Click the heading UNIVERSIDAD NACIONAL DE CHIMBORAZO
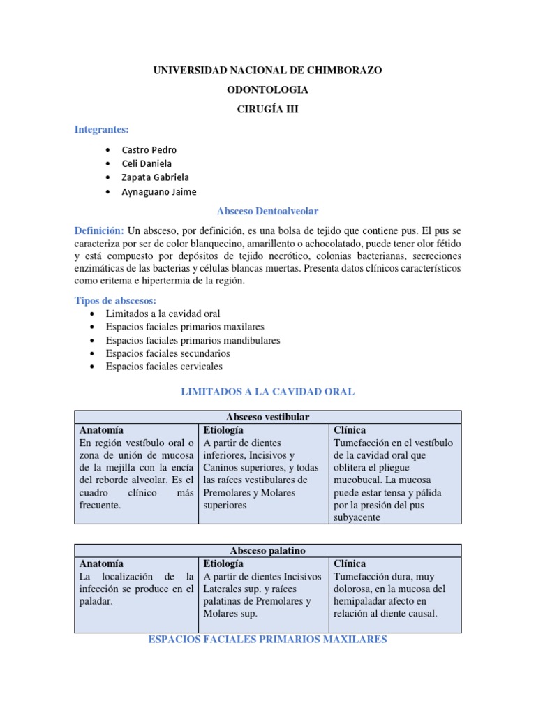click(x=267, y=71)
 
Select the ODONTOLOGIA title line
click(x=267, y=90)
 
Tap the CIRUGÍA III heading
click(x=267, y=110)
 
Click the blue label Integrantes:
click(x=102, y=130)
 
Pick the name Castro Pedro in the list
click(x=149, y=149)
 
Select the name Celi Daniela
click(x=147, y=163)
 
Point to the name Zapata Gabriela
click(x=155, y=177)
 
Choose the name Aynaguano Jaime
click(x=158, y=191)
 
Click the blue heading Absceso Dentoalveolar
click(x=267, y=211)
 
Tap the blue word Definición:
click(x=99, y=230)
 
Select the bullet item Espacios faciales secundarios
click(x=167, y=353)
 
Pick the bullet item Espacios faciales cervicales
click(x=164, y=366)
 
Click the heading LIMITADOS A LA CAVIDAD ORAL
click(x=267, y=392)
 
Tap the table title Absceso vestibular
click(x=267, y=417)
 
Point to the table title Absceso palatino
click(x=267, y=550)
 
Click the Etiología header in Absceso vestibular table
click(x=223, y=430)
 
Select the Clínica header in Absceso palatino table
click(x=350, y=563)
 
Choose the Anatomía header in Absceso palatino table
click(x=101, y=563)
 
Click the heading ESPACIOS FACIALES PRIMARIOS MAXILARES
click(x=267, y=640)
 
